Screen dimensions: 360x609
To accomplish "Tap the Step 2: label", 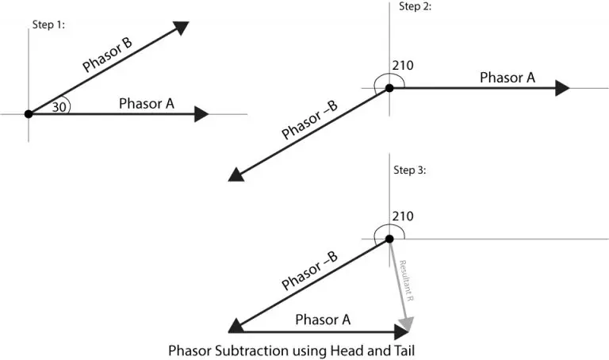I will pyautogui.click(x=416, y=6).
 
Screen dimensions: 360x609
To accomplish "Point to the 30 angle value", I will pyautogui.click(x=58, y=107).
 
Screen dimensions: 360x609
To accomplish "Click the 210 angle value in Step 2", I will pyautogui.click(x=403, y=65).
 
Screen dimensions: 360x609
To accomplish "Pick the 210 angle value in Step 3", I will pyautogui.click(x=403, y=216).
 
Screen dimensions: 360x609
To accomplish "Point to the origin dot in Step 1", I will pyautogui.click(x=29, y=114).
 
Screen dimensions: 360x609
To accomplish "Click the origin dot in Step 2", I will pyautogui.click(x=389, y=88).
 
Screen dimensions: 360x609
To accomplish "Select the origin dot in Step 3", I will pyautogui.click(x=389, y=239).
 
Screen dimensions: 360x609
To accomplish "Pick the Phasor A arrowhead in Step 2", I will pyautogui.click(x=562, y=88).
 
